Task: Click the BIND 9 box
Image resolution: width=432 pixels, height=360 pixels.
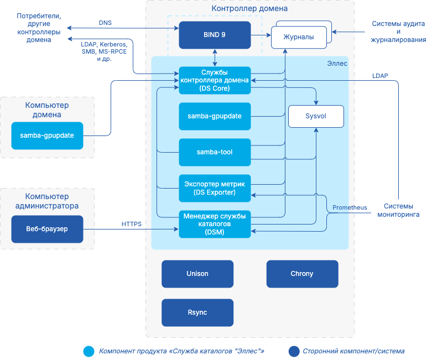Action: [215, 35]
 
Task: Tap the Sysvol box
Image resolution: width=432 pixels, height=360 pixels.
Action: [316, 117]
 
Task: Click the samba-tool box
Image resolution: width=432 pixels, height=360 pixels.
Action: [215, 152]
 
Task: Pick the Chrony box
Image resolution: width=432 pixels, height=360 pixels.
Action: [302, 274]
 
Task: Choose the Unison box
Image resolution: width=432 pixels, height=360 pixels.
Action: [197, 274]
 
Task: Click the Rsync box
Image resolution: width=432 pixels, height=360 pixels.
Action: [197, 312]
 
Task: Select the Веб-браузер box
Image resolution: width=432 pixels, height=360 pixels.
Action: [47, 229]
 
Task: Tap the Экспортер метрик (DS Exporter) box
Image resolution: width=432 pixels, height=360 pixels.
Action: [215, 188]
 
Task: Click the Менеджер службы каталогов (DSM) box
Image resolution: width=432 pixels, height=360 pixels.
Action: [215, 224]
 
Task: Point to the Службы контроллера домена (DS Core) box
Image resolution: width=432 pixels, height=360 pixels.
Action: [215, 80]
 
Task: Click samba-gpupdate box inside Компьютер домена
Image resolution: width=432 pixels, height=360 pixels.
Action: [47, 135]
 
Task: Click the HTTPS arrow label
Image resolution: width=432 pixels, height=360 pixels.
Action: [131, 224]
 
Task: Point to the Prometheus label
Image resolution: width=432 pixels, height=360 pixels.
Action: [350, 208]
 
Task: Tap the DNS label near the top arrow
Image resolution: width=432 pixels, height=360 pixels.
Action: [105, 23]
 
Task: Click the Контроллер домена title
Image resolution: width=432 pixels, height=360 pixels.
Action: [249, 9]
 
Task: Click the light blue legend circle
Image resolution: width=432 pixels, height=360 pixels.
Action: [89, 351]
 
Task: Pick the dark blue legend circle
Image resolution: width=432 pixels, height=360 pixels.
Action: [293, 351]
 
